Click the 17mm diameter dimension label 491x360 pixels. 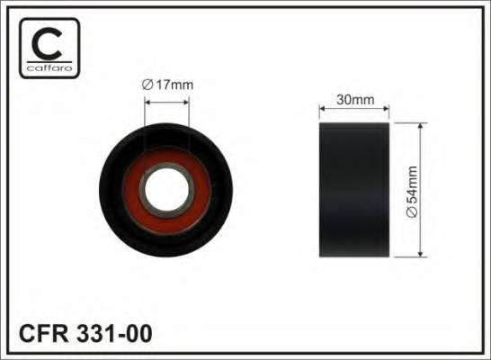click(x=169, y=85)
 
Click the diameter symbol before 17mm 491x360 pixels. click(x=147, y=85)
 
